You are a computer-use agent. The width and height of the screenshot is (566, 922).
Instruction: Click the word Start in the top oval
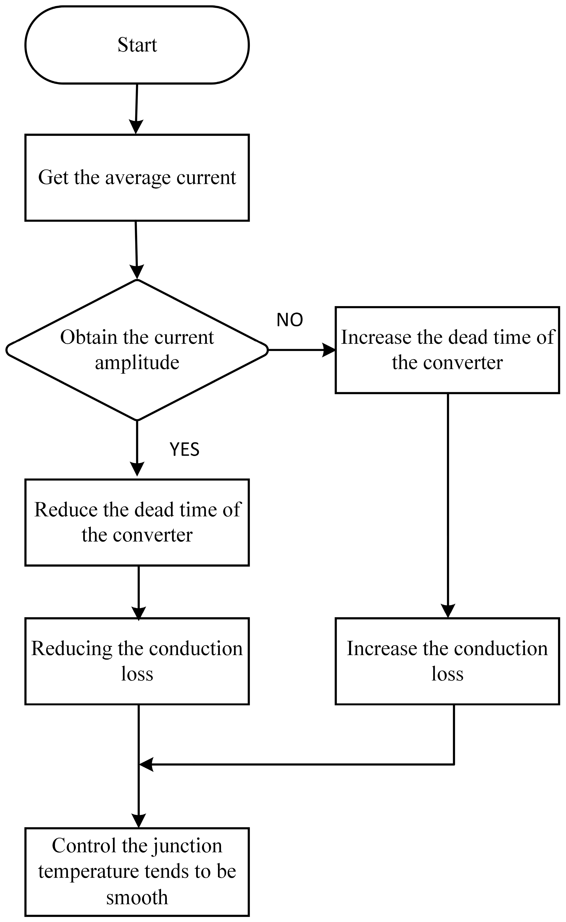[x=137, y=45]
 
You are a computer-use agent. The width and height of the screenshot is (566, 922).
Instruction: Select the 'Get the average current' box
[x=137, y=178]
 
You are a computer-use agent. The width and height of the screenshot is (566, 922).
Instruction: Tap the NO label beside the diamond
[x=289, y=320]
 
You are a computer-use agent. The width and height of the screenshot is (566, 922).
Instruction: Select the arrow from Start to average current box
[x=137, y=109]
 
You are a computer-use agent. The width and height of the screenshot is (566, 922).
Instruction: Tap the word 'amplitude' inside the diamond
[x=137, y=362]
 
